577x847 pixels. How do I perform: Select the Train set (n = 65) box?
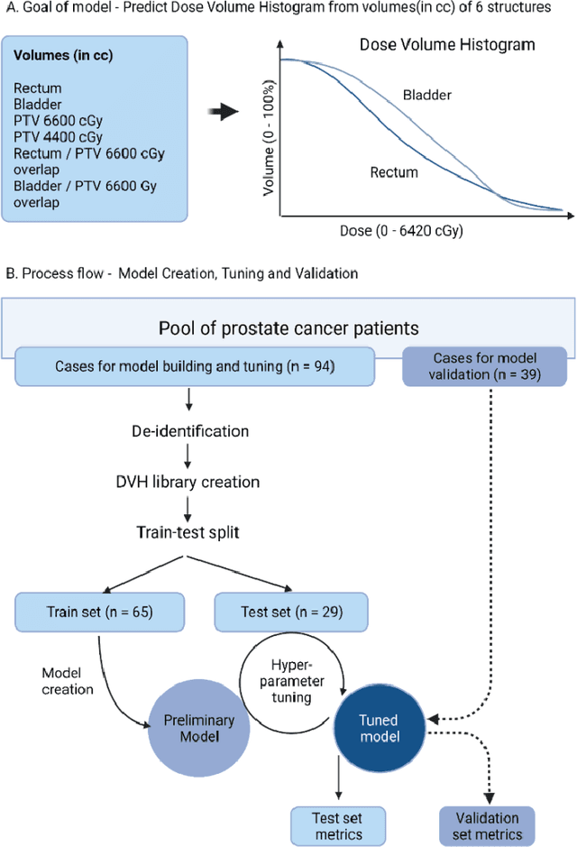tap(99, 612)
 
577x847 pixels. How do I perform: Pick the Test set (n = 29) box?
tap(290, 612)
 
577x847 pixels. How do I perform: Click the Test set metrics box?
tap(338, 824)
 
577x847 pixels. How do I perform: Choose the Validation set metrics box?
tap(487, 824)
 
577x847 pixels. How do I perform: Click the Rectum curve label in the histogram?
tap(393, 171)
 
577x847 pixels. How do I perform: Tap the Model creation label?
tap(68, 681)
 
